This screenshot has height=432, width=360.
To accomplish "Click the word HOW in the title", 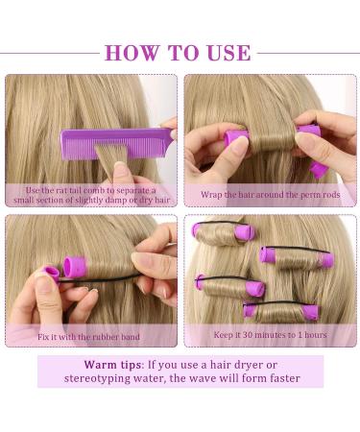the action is pyautogui.click(x=132, y=53).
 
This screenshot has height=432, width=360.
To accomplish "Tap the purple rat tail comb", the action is pyautogui.click(x=118, y=143).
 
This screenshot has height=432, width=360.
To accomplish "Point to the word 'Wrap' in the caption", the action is pyautogui.click(x=211, y=195).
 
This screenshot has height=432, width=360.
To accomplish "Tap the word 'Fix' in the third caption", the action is pyautogui.click(x=44, y=337).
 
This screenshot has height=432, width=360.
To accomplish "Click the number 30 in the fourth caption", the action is pyautogui.click(x=248, y=335).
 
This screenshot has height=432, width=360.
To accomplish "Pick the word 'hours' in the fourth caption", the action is pyautogui.click(x=316, y=335).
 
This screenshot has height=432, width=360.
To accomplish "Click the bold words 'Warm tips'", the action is pyautogui.click(x=112, y=365).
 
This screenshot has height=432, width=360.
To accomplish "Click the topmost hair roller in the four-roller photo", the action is pyautogui.click(x=224, y=233).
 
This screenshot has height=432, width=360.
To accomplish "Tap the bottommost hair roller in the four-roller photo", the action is pyautogui.click(x=281, y=311).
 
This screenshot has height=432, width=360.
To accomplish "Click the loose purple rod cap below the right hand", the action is pyautogui.click(x=319, y=170).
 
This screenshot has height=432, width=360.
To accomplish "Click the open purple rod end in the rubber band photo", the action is pyautogui.click(x=74, y=267).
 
